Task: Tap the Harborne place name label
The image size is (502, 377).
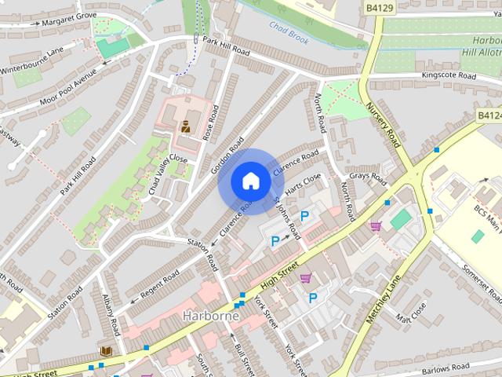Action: [x=210, y=316]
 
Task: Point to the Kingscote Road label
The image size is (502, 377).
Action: [x=449, y=76]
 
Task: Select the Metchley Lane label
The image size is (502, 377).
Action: [x=384, y=298]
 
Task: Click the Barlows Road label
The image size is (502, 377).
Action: [x=445, y=367]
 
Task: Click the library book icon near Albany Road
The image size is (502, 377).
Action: [x=105, y=349]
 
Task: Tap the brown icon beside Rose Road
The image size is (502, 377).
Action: [x=187, y=126]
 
